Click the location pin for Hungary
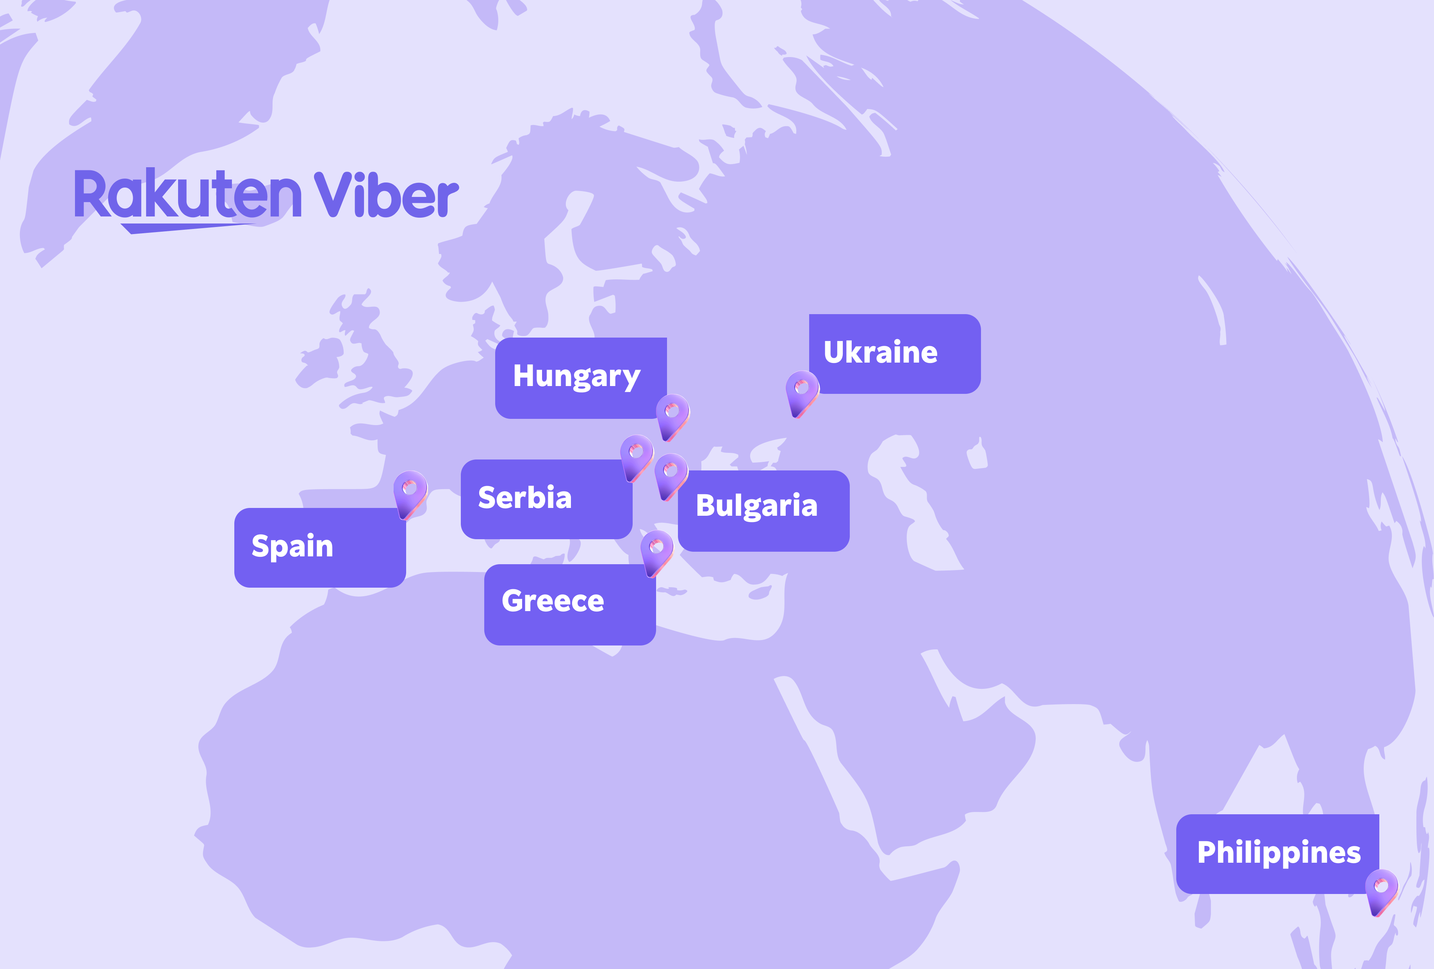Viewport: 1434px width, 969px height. [x=672, y=415]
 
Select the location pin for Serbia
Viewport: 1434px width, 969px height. [x=636, y=456]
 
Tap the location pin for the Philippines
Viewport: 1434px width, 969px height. [x=1381, y=890]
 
